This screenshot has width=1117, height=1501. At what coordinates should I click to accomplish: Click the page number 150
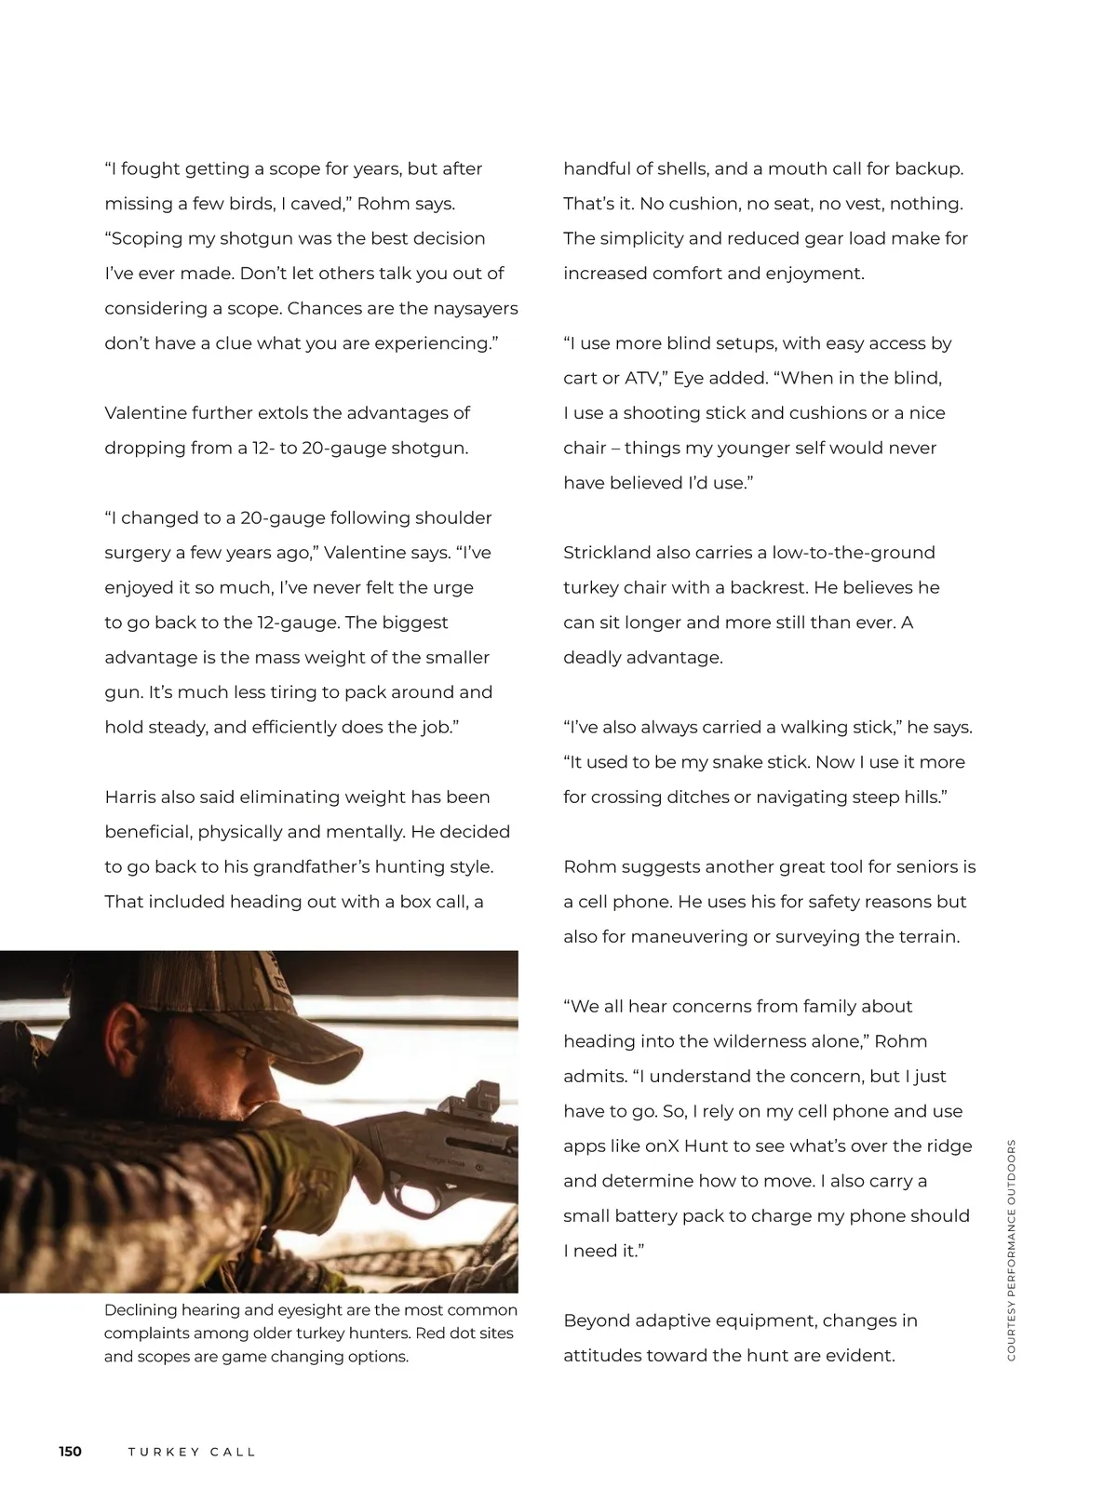(x=70, y=1452)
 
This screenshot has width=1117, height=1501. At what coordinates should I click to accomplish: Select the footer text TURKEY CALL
(x=192, y=1452)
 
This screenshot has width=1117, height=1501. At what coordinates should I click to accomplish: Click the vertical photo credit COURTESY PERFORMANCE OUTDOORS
(x=1012, y=1250)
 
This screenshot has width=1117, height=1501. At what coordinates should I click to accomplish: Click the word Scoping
(x=146, y=238)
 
